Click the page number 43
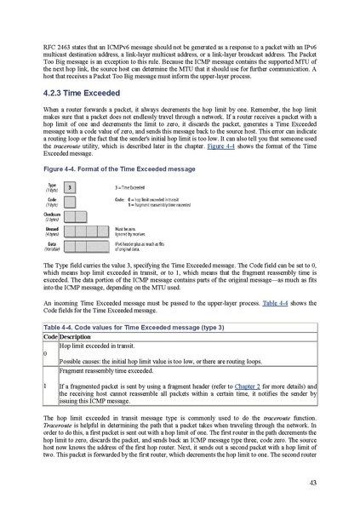click(312, 483)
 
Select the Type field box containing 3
click(70, 186)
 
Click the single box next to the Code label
click(70, 201)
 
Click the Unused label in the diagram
click(52, 230)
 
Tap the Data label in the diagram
click(52, 244)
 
